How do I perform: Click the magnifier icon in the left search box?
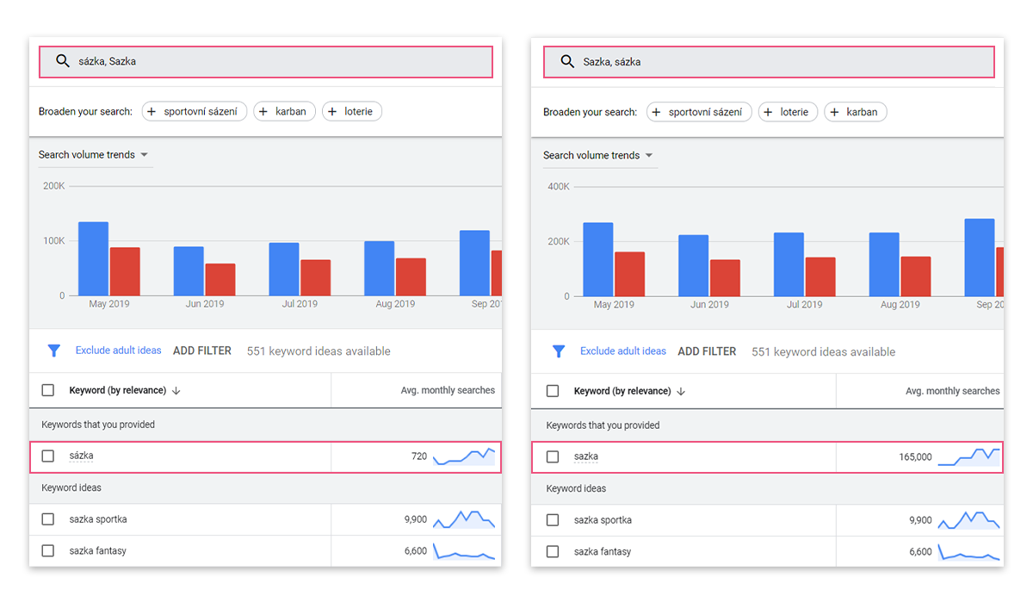tap(63, 61)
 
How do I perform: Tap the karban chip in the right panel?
tap(856, 112)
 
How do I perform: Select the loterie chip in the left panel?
tap(352, 111)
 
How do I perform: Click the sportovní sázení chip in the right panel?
tap(699, 112)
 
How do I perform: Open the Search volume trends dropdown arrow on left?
tap(145, 154)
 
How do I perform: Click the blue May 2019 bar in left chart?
tap(94, 259)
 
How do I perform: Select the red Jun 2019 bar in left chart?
tap(220, 280)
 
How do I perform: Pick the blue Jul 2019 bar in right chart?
tap(789, 264)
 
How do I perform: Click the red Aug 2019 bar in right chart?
tap(916, 276)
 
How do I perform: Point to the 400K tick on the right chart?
tap(559, 186)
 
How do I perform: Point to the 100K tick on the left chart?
tap(54, 241)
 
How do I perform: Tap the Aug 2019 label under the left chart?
tap(395, 304)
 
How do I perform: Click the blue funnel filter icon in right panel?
tap(559, 351)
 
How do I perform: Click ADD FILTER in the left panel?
tap(202, 351)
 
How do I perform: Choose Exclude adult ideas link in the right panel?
tap(623, 351)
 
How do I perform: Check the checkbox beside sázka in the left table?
tap(48, 456)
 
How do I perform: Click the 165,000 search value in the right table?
tap(915, 457)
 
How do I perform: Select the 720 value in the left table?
tap(419, 456)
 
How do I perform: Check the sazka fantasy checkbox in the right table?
tap(553, 552)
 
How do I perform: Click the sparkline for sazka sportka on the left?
tap(464, 519)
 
